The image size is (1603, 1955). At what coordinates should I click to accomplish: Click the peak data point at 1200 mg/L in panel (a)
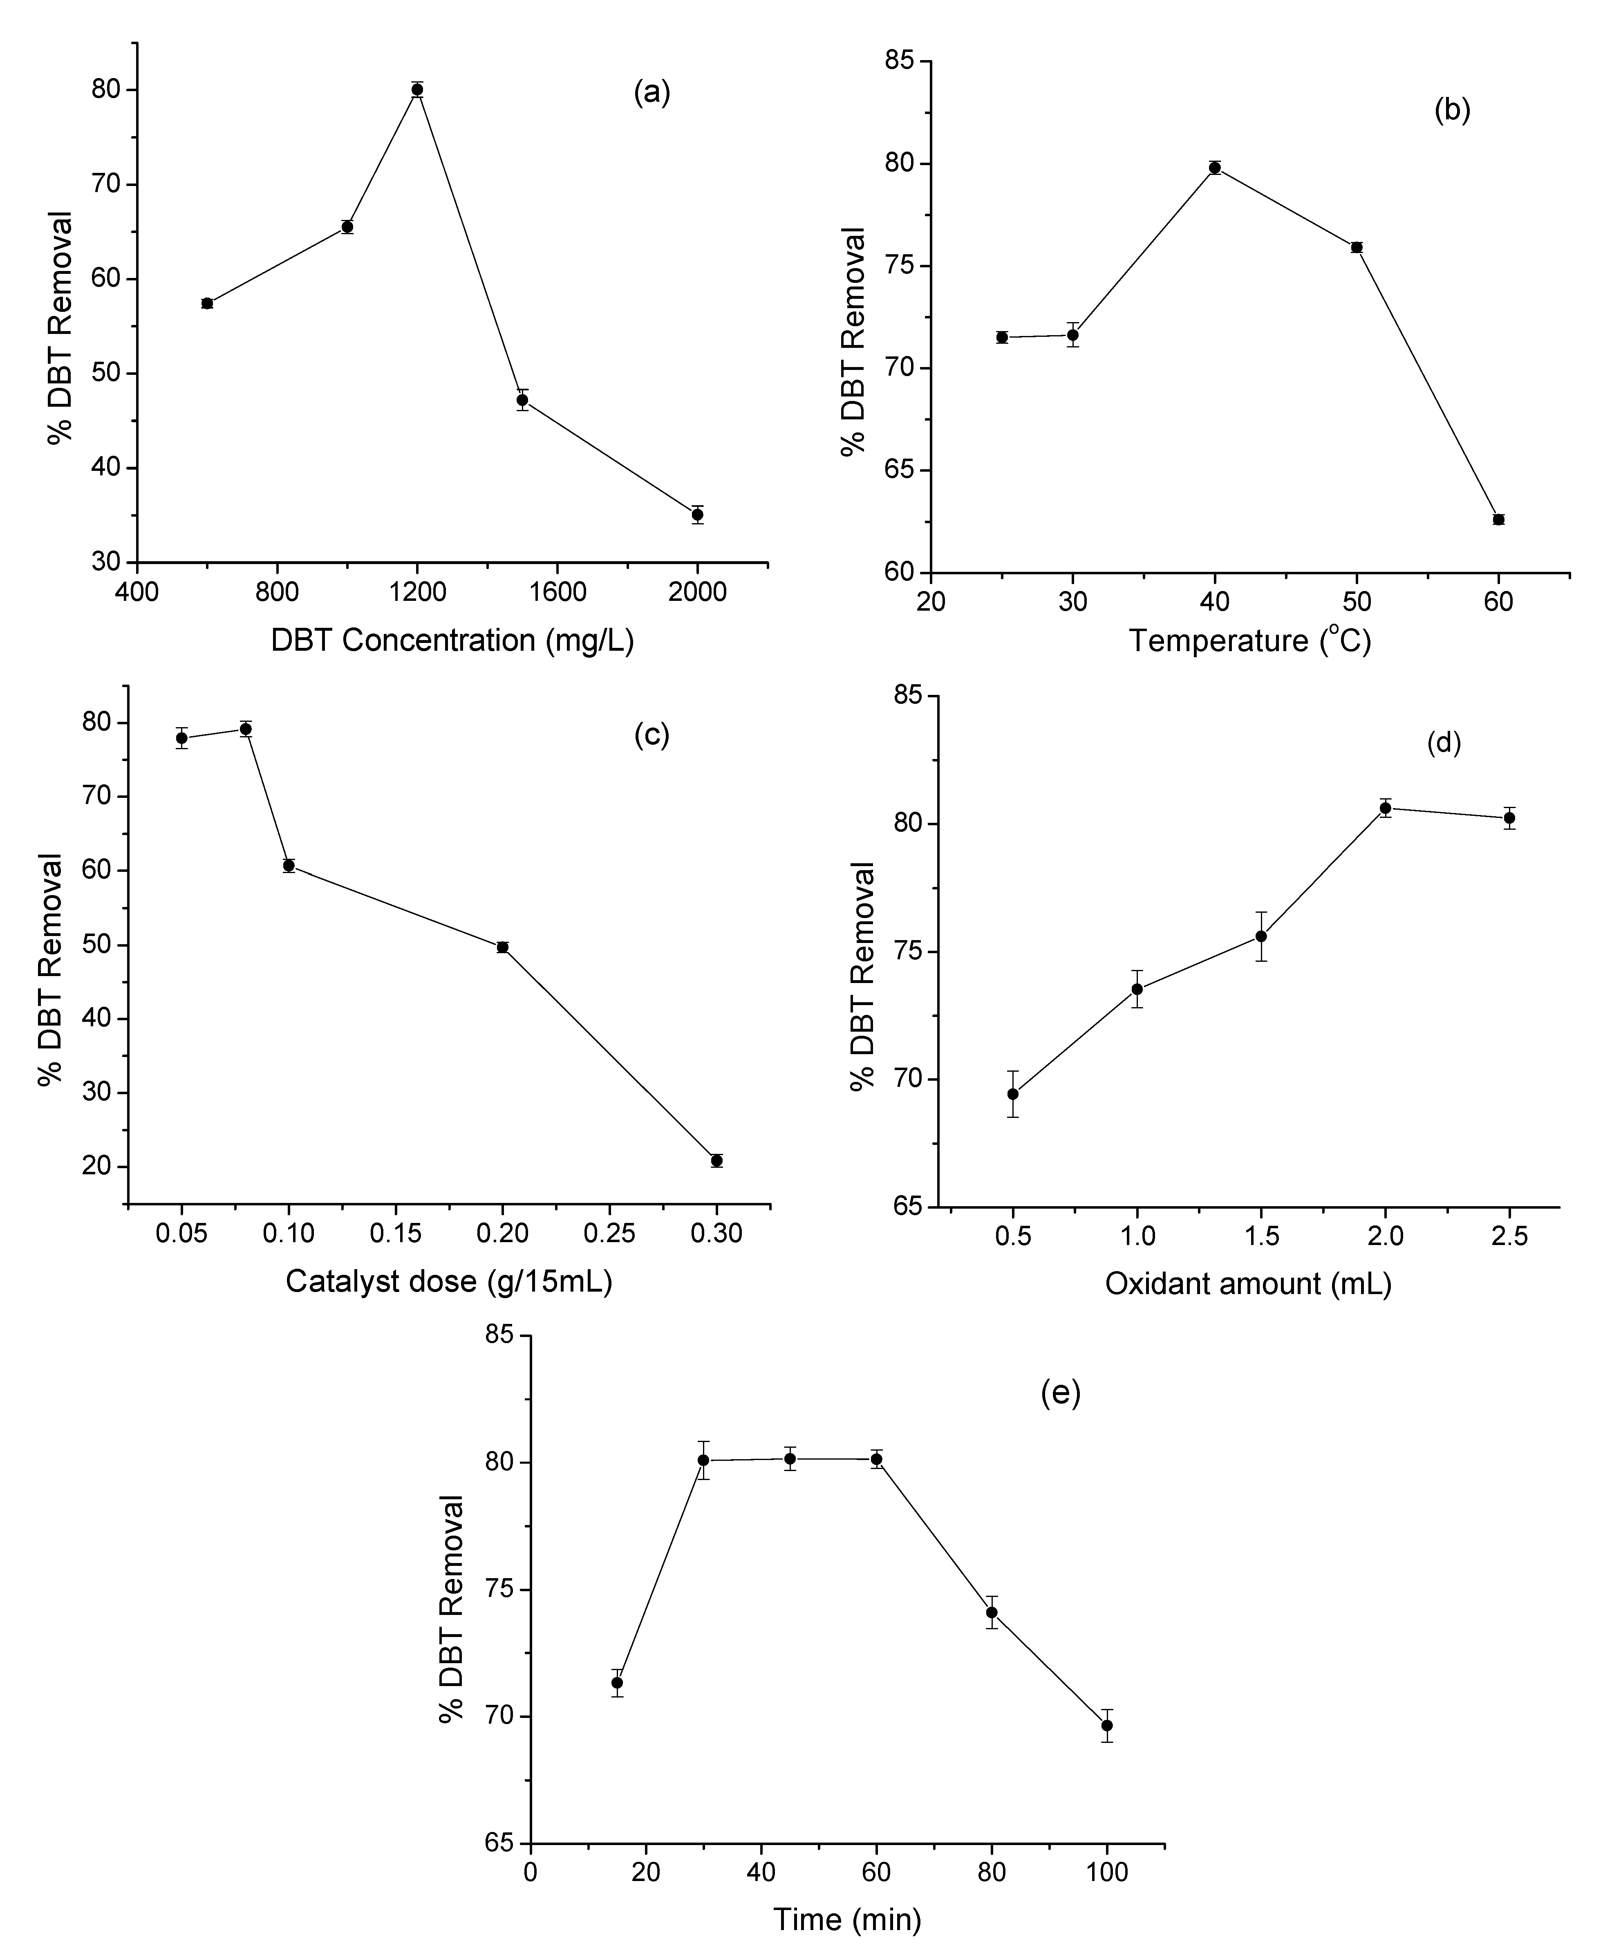(417, 90)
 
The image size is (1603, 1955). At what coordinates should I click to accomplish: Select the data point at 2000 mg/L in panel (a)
(697, 514)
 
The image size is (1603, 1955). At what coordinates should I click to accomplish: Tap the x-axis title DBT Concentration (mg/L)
(452, 640)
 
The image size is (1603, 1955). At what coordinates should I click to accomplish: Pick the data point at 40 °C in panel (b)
(1215, 167)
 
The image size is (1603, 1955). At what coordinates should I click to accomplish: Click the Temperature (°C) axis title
(1250, 640)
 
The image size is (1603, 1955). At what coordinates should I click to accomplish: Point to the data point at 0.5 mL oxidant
(1013, 1093)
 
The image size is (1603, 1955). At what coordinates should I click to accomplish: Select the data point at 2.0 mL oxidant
(1385, 808)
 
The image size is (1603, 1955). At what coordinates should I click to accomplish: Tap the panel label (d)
(1443, 743)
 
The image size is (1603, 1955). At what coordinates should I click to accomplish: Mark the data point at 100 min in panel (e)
(1107, 1725)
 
